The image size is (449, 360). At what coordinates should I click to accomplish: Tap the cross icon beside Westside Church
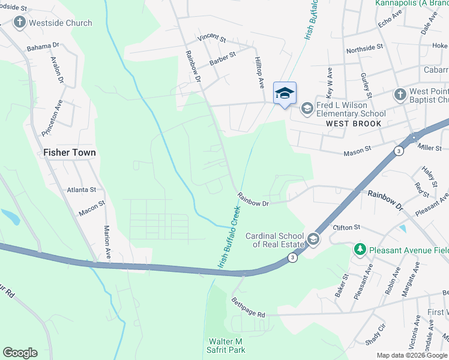click(x=20, y=23)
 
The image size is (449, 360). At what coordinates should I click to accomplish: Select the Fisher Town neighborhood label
click(x=70, y=152)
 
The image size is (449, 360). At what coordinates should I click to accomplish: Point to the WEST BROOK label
click(x=354, y=124)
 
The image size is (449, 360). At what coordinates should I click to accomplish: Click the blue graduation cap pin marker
click(x=285, y=93)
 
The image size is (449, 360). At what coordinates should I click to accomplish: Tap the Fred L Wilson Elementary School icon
click(x=307, y=108)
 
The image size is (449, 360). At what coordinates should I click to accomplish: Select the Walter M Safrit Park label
click(x=227, y=345)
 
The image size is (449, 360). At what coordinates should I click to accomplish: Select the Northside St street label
click(x=364, y=47)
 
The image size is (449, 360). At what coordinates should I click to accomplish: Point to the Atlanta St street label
click(x=82, y=189)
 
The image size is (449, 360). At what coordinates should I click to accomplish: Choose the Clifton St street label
click(x=346, y=227)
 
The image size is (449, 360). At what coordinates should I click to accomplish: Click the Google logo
click(x=20, y=353)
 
